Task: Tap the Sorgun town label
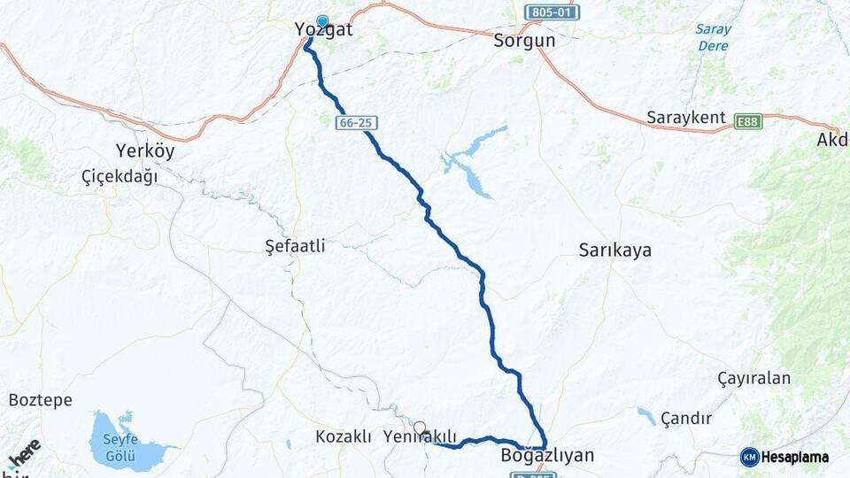pos(524,41)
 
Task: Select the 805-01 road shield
pos(551,12)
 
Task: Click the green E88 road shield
pos(748,120)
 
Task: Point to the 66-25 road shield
pos(355,123)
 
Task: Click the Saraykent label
pos(685,118)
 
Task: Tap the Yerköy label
pos(145,150)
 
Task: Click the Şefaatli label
pos(295,246)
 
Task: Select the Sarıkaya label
pos(614,251)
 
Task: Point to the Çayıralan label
pos(753,379)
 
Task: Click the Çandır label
pos(686,418)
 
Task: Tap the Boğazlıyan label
pos(547,457)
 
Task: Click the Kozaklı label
pos(344,437)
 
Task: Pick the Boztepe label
pos(40,400)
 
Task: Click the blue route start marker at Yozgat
pos(322,21)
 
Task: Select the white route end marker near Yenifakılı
pos(420,427)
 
